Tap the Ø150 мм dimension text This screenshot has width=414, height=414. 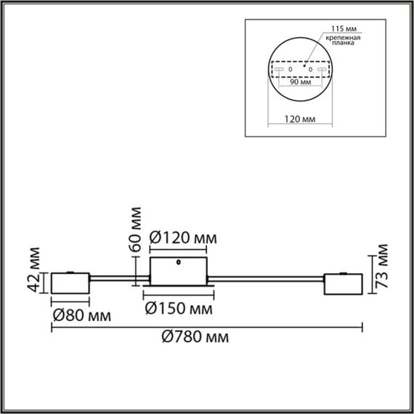pyautogui.click(x=179, y=309)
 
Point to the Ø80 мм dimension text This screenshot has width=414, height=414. pyautogui.click(x=81, y=315)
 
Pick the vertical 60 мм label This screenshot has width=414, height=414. pyautogui.click(x=135, y=230)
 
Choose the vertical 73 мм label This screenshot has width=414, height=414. pyautogui.click(x=384, y=269)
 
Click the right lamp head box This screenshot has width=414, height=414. pyautogui.click(x=343, y=285)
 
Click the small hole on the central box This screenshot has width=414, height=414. pyautogui.click(x=179, y=262)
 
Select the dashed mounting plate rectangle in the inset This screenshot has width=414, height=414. pyautogui.click(x=301, y=70)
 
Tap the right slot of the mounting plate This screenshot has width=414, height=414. pyautogui.click(x=323, y=70)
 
